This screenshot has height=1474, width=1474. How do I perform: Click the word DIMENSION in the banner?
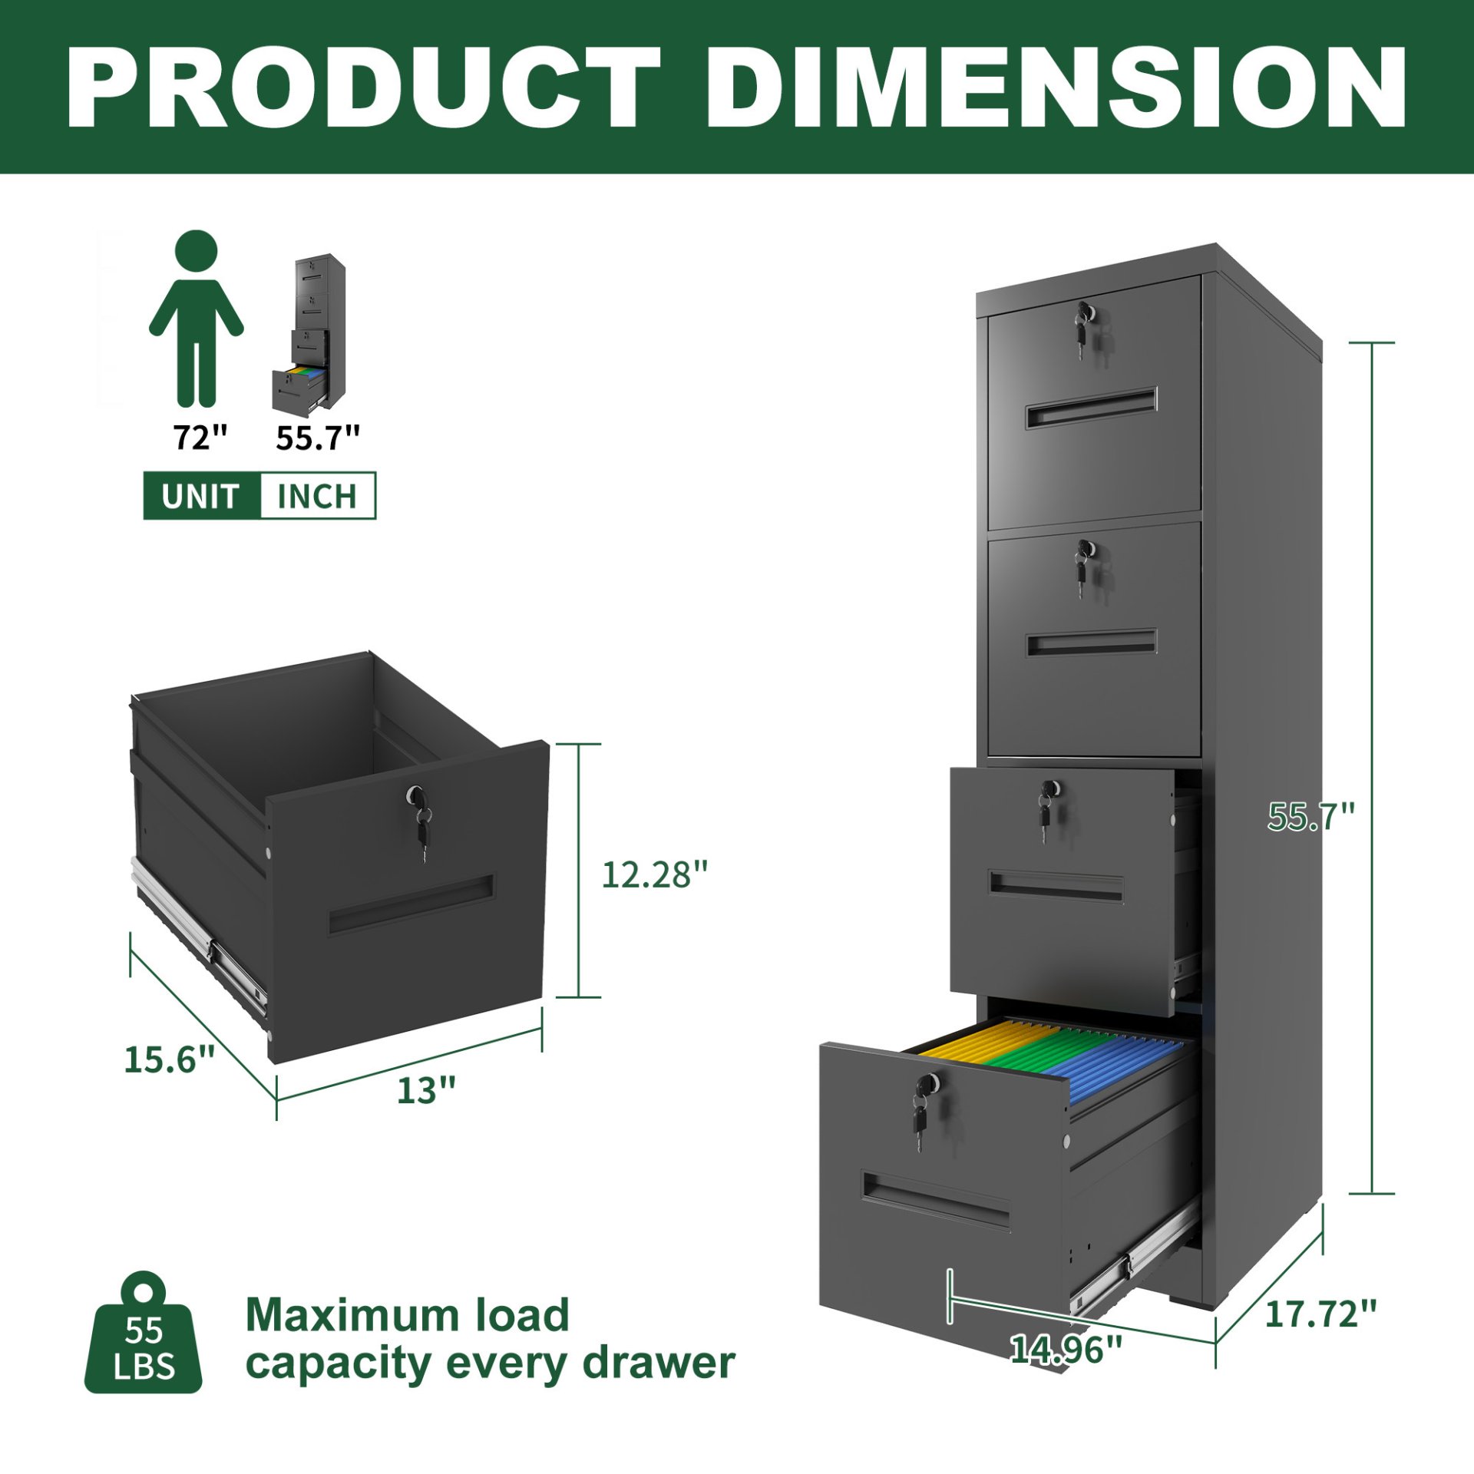(1056, 86)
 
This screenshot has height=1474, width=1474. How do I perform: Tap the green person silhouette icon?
(197, 319)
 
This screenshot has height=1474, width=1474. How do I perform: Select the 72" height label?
(200, 438)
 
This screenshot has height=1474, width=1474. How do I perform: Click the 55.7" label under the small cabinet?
(317, 438)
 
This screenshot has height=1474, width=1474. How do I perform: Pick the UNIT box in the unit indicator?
(201, 496)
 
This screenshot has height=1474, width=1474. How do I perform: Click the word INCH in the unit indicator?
(317, 496)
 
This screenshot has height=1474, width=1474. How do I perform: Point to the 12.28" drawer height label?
(653, 874)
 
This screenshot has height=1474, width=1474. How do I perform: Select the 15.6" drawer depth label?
(169, 1060)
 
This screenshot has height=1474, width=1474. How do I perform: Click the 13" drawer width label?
(426, 1091)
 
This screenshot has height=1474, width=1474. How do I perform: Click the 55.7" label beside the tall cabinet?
(1310, 816)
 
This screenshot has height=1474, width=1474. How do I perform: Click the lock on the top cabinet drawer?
(1084, 312)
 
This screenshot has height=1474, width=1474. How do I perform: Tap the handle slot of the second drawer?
(1092, 643)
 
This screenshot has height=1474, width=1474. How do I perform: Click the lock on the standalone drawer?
(416, 795)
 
